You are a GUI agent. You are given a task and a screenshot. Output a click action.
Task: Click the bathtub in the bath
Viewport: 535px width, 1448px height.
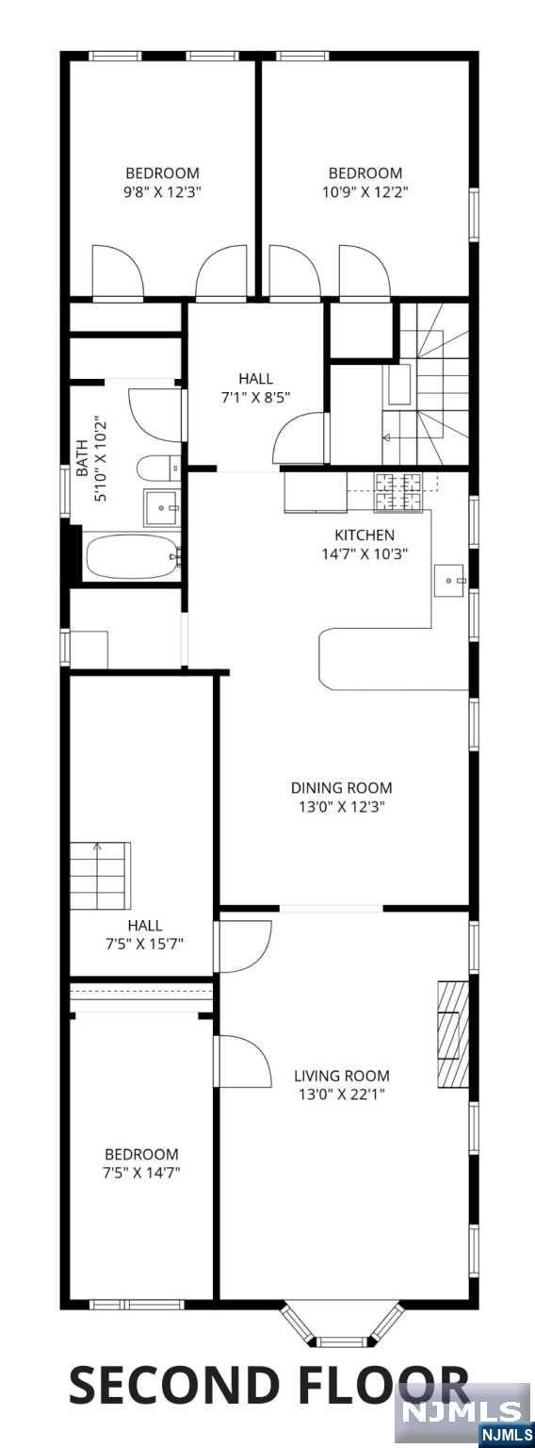(133, 557)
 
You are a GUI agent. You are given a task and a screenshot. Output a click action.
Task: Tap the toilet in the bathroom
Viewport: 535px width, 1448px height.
(159, 468)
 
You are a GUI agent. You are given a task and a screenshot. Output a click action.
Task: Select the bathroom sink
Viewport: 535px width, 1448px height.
(161, 508)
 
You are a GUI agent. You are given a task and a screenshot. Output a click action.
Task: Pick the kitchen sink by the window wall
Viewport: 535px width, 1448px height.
(450, 581)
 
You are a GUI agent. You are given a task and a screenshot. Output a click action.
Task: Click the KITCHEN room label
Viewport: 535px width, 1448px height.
(364, 535)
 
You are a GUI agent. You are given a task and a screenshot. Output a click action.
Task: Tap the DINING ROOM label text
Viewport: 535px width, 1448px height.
(341, 788)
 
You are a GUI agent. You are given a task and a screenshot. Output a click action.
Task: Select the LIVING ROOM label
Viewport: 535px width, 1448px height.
(342, 1077)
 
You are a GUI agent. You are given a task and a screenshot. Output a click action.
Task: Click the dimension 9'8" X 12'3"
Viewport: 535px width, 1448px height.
(162, 192)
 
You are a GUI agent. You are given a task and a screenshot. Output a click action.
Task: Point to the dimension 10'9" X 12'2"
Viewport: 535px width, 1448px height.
(365, 192)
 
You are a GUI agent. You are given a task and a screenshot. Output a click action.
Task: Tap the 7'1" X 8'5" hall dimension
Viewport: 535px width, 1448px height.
(255, 397)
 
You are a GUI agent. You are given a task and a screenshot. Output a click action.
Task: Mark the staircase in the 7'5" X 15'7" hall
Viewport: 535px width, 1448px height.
(100, 875)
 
